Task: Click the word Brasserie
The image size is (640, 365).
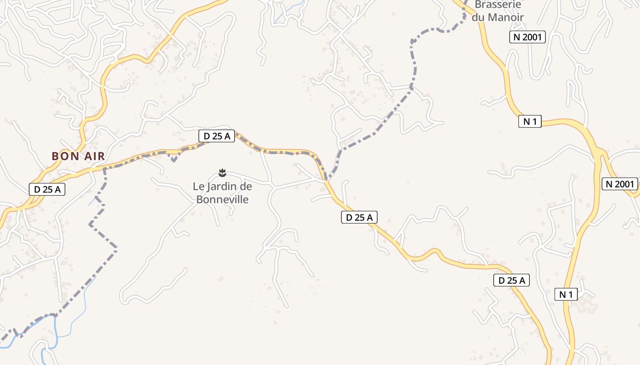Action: [x=498, y=5]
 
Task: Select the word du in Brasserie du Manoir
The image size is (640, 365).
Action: [x=478, y=17]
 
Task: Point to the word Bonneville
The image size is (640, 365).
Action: [x=222, y=199]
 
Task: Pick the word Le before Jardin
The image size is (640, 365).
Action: [x=197, y=186]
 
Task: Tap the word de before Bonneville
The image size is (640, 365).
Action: [x=246, y=186]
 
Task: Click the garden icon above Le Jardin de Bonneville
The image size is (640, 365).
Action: [x=222, y=172]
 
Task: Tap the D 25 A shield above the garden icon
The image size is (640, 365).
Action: [x=217, y=136]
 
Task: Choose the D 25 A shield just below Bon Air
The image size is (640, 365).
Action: [x=47, y=189]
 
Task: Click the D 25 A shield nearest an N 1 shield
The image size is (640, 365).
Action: [x=512, y=281]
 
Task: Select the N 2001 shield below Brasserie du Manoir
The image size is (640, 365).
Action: [x=528, y=37]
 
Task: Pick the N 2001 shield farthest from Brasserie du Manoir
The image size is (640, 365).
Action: [x=619, y=184]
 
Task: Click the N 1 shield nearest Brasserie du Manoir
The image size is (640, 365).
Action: [x=530, y=121]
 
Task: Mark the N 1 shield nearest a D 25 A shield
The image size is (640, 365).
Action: [x=566, y=294]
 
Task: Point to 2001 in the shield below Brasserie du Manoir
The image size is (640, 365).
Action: [x=533, y=37]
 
